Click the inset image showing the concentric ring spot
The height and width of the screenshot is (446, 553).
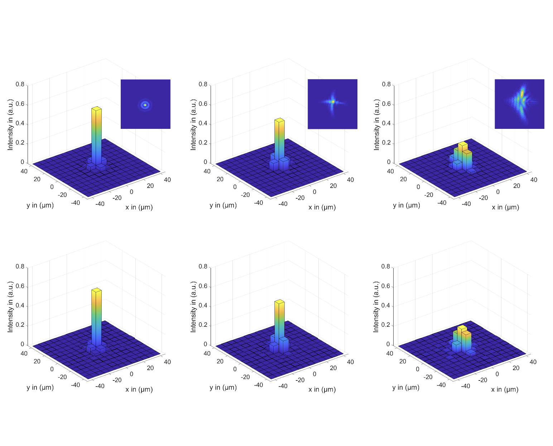click(x=145, y=104)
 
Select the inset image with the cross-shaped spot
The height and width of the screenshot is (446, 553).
click(x=332, y=104)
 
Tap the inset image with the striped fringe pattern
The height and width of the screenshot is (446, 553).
click(x=519, y=104)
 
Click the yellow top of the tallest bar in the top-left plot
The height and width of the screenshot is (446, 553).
click(x=96, y=108)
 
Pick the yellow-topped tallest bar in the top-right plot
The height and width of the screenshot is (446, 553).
click(x=463, y=144)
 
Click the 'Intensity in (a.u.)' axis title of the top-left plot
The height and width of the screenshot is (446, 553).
click(x=10, y=125)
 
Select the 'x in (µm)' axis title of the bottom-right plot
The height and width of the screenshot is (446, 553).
click(x=505, y=389)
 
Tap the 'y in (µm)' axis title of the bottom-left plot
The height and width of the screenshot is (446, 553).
click(x=40, y=387)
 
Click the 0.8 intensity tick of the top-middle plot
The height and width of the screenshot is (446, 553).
click(x=203, y=84)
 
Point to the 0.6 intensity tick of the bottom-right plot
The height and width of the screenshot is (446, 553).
click(x=386, y=286)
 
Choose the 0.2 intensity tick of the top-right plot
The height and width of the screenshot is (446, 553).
click(x=386, y=143)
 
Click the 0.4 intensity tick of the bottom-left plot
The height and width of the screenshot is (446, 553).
click(x=20, y=306)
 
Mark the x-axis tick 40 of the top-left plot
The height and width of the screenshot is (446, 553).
click(x=167, y=180)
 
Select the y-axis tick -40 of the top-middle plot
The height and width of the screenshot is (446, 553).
click(x=258, y=203)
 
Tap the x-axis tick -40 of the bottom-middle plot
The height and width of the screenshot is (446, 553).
click(x=283, y=386)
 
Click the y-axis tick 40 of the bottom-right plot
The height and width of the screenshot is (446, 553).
click(x=390, y=353)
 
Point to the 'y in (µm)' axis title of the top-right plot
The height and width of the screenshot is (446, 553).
click(x=407, y=205)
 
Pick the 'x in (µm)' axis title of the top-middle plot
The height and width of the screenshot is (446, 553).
click(x=322, y=207)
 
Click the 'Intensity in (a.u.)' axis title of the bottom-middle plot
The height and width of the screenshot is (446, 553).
click(x=193, y=307)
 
